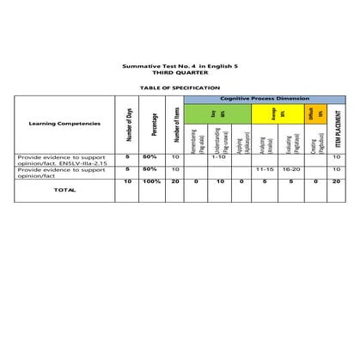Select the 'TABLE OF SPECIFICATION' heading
point(180,88)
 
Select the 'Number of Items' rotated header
point(175,125)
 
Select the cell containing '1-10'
point(218,157)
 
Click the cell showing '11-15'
point(264,170)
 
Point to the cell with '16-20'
point(290,170)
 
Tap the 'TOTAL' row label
point(64,190)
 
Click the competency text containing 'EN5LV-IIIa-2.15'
point(64,161)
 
